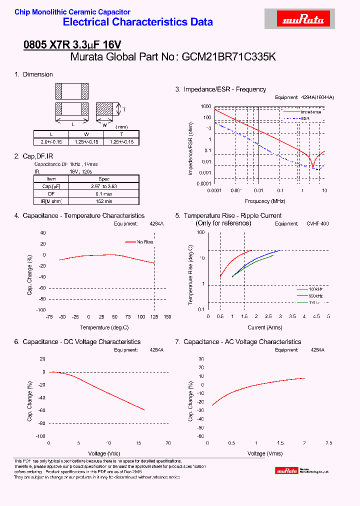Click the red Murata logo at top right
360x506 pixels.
pyautogui.click(x=304, y=19)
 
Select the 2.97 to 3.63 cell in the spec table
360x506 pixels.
pyautogui.click(x=104, y=186)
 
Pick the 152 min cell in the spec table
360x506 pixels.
pyautogui.click(x=104, y=200)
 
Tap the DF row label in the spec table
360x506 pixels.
pyautogui.click(x=51, y=193)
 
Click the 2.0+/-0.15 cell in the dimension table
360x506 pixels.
pyautogui.click(x=51, y=141)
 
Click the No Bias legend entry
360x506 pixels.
pyautogui.click(x=145, y=242)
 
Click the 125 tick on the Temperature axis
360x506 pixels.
pyautogui.click(x=154, y=317)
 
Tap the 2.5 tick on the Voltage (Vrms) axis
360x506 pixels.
pyautogui.click(x=328, y=443)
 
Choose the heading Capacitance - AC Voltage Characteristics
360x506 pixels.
pyautogui.click(x=242, y=342)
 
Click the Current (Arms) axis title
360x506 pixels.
pyautogui.click(x=265, y=327)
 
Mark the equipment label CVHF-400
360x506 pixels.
pyautogui.click(x=317, y=224)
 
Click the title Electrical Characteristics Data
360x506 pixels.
pyautogui.click(x=138, y=22)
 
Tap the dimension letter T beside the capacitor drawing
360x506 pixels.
pyautogui.click(x=124, y=109)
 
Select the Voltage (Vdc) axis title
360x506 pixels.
pyautogui.click(x=108, y=453)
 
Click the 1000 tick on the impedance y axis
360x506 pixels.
pyautogui.click(x=205, y=107)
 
